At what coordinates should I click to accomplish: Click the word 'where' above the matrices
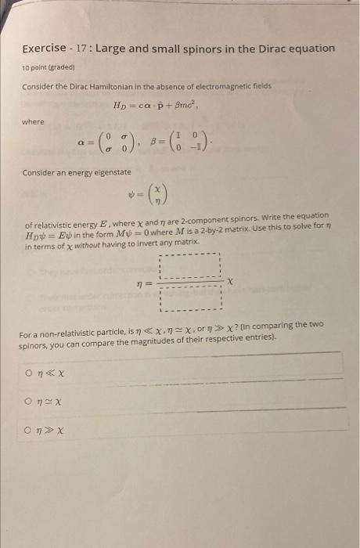tap(33, 121)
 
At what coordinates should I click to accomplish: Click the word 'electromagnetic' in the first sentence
tap(236, 85)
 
